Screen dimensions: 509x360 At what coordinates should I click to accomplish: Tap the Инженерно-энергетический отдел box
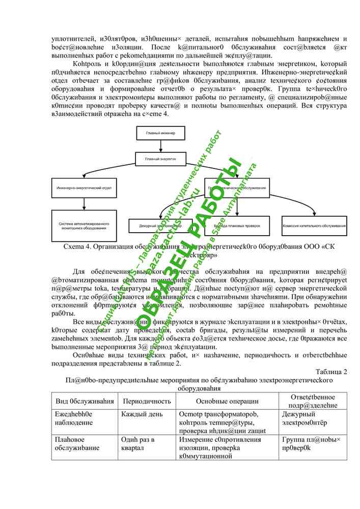click(x=84, y=188)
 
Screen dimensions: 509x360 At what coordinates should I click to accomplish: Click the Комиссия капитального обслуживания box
click(x=314, y=224)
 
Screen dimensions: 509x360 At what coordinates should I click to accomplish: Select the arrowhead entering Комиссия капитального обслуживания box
click(x=314, y=214)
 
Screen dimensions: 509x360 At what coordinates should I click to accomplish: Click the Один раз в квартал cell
click(x=137, y=443)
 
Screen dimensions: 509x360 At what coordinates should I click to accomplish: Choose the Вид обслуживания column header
click(x=85, y=401)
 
